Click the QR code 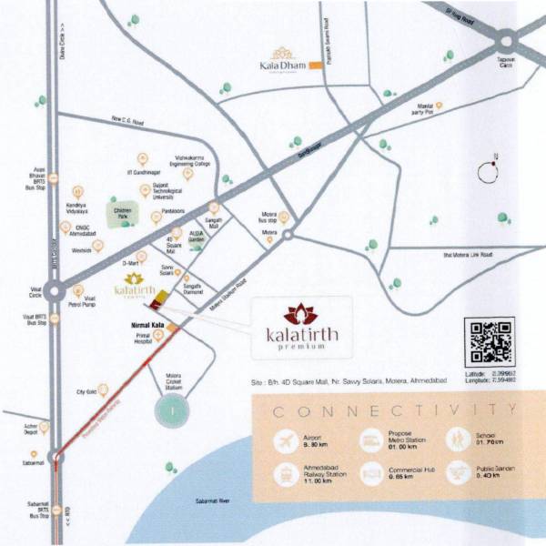(x=489, y=342)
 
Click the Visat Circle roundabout (x=56, y=293)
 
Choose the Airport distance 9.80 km (x=314, y=445)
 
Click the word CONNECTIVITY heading (x=398, y=411)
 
